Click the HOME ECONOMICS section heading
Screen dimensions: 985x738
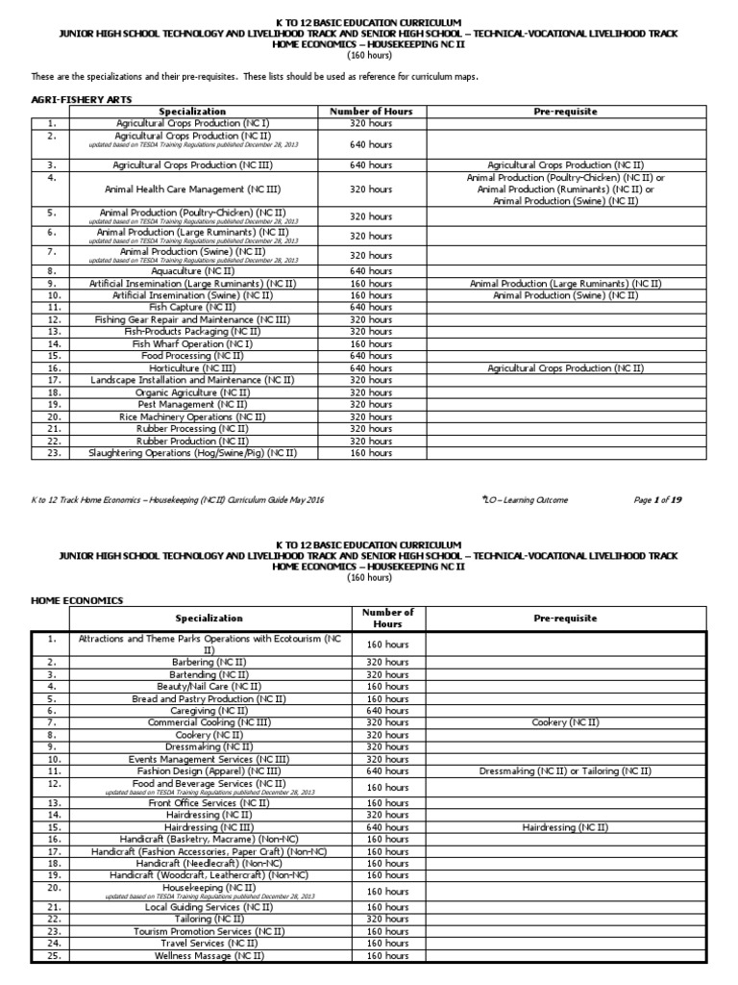78,600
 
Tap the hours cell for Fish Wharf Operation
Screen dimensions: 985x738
370,343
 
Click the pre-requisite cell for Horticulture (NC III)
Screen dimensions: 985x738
565,368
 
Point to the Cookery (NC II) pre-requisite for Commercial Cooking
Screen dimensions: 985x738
565,722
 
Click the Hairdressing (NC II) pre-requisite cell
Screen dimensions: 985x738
565,827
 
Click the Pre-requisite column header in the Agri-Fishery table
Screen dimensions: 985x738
565,112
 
